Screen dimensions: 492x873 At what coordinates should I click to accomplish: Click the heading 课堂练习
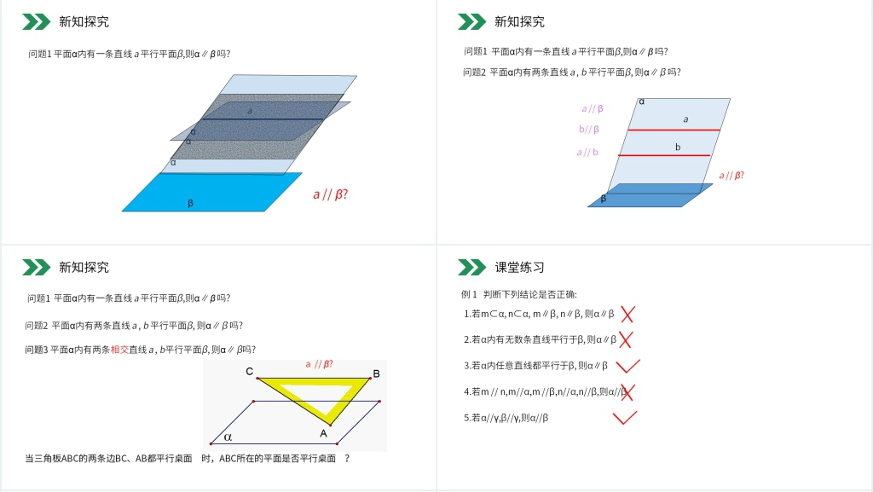pyautogui.click(x=519, y=268)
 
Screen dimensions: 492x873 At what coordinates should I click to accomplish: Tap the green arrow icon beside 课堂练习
pyautogui.click(x=471, y=268)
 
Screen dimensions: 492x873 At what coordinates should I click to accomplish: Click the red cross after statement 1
pyautogui.click(x=627, y=314)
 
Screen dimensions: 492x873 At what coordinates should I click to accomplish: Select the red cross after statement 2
pyautogui.click(x=625, y=339)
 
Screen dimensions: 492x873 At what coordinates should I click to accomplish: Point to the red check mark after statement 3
pyautogui.click(x=627, y=366)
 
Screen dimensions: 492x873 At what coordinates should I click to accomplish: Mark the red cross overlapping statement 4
pyautogui.click(x=628, y=392)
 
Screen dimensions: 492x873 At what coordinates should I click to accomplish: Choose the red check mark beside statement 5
pyautogui.click(x=624, y=418)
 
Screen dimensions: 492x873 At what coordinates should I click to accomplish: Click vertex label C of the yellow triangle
pyautogui.click(x=249, y=372)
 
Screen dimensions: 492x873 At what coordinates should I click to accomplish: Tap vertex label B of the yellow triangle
pyautogui.click(x=376, y=373)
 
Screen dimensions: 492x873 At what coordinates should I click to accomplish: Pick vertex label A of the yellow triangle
pyautogui.click(x=323, y=432)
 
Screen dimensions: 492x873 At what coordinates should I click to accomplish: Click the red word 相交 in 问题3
pyautogui.click(x=119, y=349)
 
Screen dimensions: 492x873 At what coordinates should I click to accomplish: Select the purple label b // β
pyautogui.click(x=589, y=130)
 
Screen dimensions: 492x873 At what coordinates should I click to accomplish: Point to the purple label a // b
pyautogui.click(x=587, y=153)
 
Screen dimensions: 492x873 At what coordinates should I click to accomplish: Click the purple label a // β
pyautogui.click(x=593, y=108)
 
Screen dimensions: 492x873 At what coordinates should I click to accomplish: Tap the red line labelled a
pyautogui.click(x=674, y=130)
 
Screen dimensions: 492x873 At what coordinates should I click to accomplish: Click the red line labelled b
pyautogui.click(x=665, y=155)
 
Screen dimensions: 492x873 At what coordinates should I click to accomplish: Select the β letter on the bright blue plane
pyautogui.click(x=190, y=203)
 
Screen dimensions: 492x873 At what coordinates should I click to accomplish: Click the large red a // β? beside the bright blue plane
pyautogui.click(x=330, y=194)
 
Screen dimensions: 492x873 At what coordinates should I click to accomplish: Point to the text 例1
pyautogui.click(x=469, y=294)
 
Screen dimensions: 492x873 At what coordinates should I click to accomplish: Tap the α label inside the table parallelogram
pyautogui.click(x=228, y=437)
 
